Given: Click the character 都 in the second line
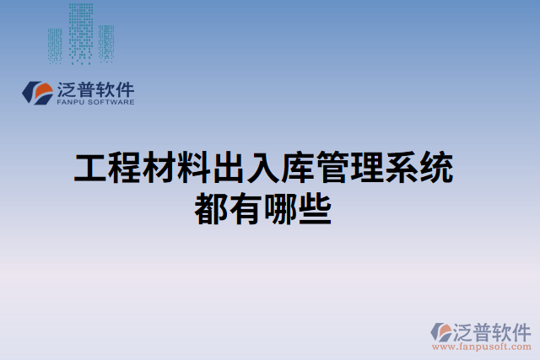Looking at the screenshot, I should pos(211,207).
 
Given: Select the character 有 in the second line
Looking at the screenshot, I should pos(246,207).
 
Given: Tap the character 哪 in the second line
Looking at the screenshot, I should pos(280,207).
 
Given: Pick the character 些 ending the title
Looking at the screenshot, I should pos(315,207).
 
